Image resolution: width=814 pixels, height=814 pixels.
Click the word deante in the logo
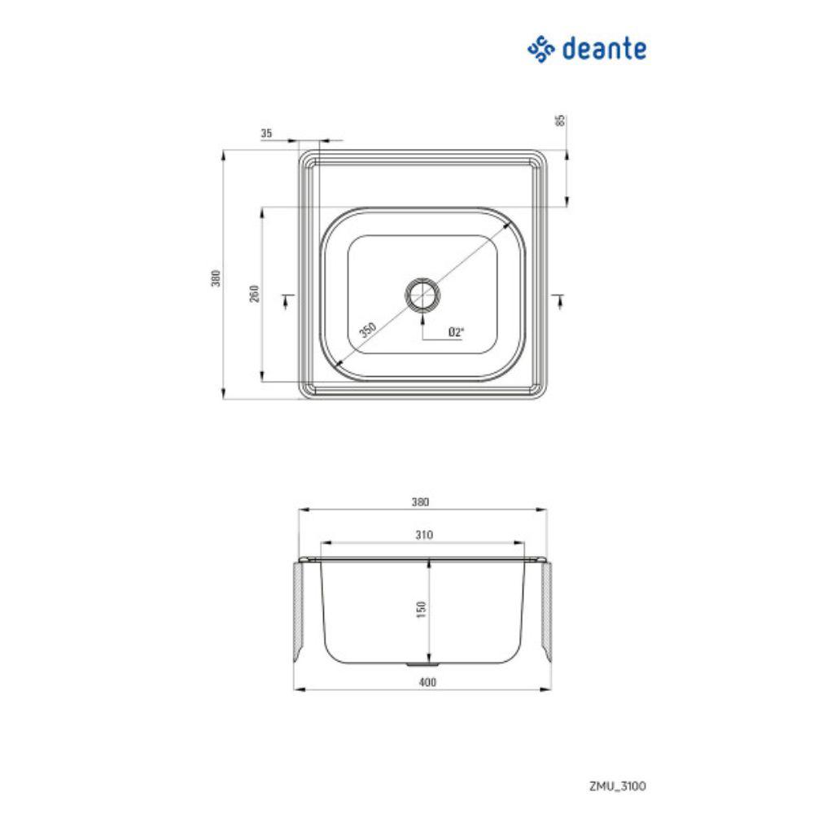coord(604,49)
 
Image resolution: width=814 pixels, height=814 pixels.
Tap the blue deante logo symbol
coord(541,49)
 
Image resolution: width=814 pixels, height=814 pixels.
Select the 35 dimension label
coord(266,133)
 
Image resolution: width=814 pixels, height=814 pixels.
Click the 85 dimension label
coord(560,121)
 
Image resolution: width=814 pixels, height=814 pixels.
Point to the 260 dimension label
coord(254,294)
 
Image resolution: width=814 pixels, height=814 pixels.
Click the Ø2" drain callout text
coord(456,332)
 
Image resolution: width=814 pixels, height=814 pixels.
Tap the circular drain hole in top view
coord(422,294)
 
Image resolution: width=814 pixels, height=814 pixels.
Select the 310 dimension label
coord(422,535)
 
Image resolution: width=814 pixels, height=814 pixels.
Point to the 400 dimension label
coord(422,682)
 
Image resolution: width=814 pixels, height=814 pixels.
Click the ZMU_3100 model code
coord(619,786)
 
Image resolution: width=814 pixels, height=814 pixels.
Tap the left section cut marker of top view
coord(286,300)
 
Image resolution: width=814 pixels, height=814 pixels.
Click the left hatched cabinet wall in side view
coord(299,610)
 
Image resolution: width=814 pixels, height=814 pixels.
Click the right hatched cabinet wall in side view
coord(547,610)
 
